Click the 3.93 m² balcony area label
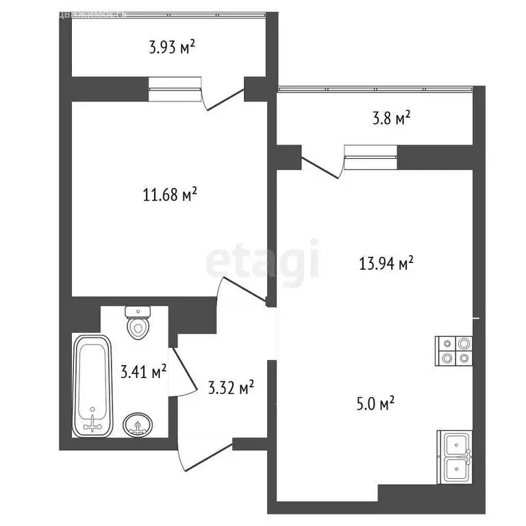[172, 47]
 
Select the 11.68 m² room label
[170, 195]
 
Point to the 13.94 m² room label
[387, 262]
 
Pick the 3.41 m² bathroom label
[144, 373]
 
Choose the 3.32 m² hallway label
[231, 388]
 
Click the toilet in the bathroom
[138, 322]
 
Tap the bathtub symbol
[92, 384]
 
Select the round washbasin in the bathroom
[138, 425]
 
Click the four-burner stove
[454, 351]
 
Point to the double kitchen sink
[454, 458]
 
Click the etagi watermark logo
[263, 260]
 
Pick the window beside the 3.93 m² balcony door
[175, 89]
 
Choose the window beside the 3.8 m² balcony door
[371, 157]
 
